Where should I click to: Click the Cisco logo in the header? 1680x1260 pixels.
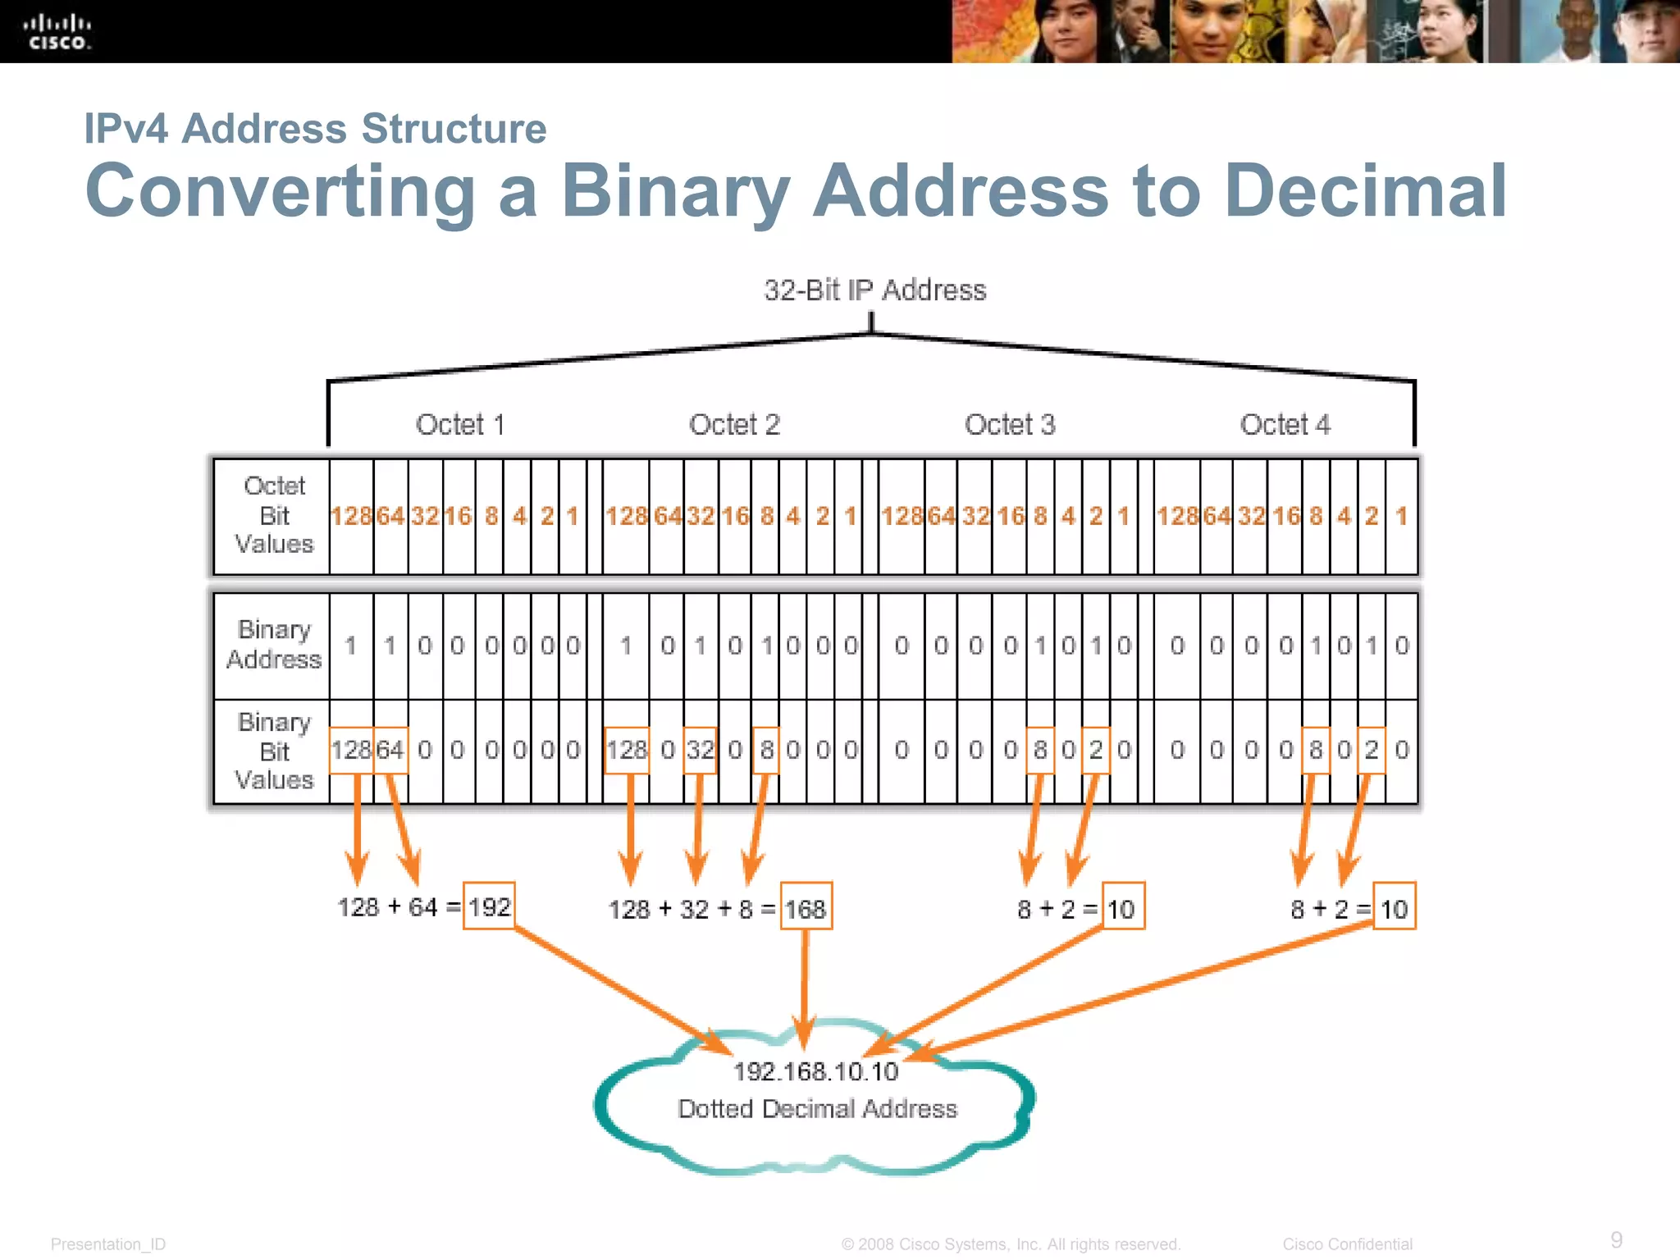tap(57, 32)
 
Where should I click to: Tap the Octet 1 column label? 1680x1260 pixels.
tap(460, 425)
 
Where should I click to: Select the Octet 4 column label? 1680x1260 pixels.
tap(1285, 425)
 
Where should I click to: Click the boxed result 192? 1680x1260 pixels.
tap(489, 906)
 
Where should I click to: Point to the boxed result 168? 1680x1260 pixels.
tap(806, 907)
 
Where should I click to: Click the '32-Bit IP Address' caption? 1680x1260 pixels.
tap(874, 290)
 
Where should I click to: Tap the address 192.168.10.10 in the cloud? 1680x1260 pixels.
tap(815, 1071)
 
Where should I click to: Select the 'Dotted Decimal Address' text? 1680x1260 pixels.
tap(817, 1109)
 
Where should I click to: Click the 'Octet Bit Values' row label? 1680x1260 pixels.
tap(274, 515)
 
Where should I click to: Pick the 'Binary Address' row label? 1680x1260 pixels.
tap(274, 645)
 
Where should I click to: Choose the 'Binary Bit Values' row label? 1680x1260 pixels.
tap(274, 751)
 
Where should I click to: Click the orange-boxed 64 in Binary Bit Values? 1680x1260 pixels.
tap(390, 750)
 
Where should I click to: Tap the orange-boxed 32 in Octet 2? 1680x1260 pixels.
tap(700, 750)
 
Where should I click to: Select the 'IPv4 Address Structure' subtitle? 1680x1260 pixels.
tap(315, 129)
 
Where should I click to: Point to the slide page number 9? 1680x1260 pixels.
tap(1616, 1239)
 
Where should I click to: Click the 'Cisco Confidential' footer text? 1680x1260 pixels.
tap(1347, 1244)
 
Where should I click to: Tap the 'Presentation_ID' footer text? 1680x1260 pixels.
tap(108, 1244)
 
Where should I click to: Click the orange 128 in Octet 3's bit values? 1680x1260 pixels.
tap(902, 516)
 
